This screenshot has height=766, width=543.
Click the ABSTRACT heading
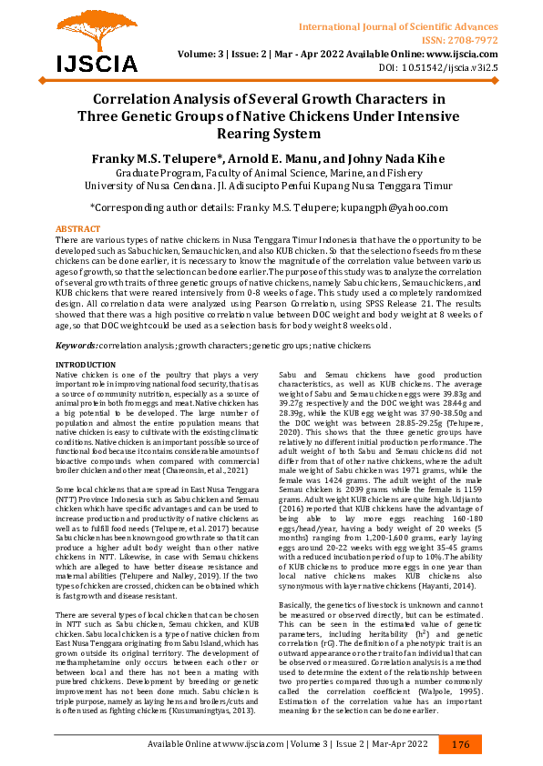coord(78,228)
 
